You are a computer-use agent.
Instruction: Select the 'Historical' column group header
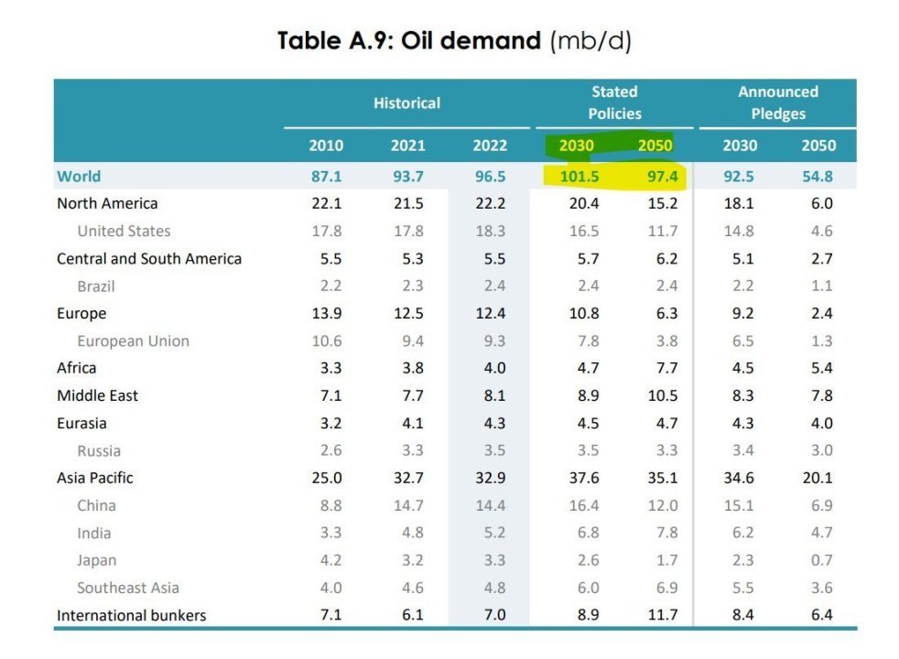point(406,103)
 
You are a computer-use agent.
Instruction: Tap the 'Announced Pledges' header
point(778,103)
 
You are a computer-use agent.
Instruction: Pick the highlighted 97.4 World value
point(655,176)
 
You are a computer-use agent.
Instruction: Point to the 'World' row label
point(79,176)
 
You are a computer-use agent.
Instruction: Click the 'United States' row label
point(124,231)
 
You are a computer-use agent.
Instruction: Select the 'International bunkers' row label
point(132,615)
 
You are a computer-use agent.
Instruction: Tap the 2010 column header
point(326,146)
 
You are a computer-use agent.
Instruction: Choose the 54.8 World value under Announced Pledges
point(817,176)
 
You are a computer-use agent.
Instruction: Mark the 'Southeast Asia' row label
point(128,588)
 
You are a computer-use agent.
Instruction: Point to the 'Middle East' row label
point(97,395)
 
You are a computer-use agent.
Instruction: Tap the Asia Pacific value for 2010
point(326,478)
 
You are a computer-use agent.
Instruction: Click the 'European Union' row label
point(133,340)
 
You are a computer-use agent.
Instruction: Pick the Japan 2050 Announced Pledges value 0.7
point(821,560)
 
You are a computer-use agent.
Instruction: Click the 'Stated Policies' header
point(614,103)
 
